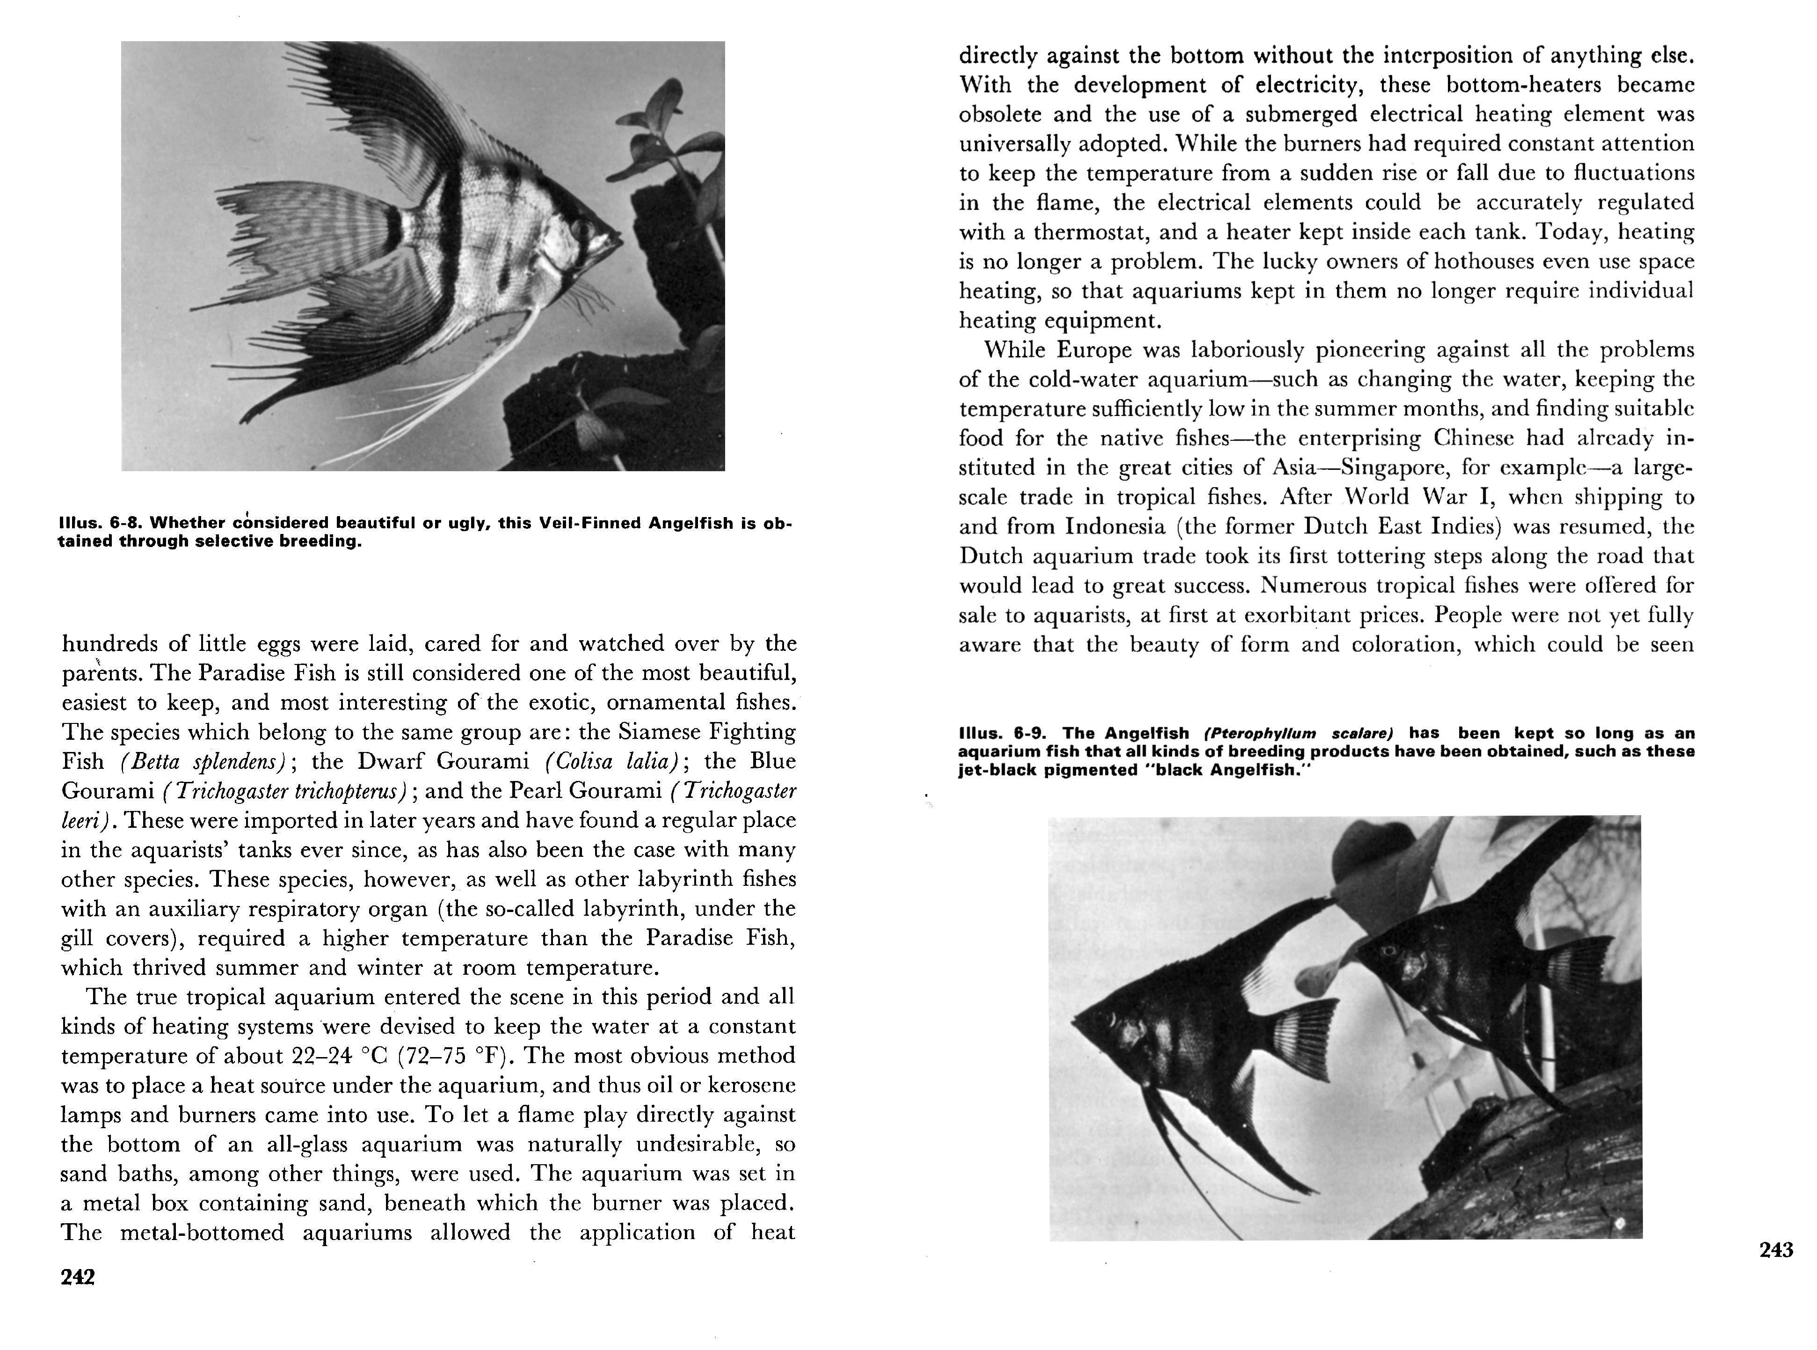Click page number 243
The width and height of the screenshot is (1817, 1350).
tap(1776, 1249)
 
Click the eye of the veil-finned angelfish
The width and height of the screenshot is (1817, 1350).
tap(581, 231)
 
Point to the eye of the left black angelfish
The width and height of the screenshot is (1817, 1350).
tap(1110, 1020)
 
